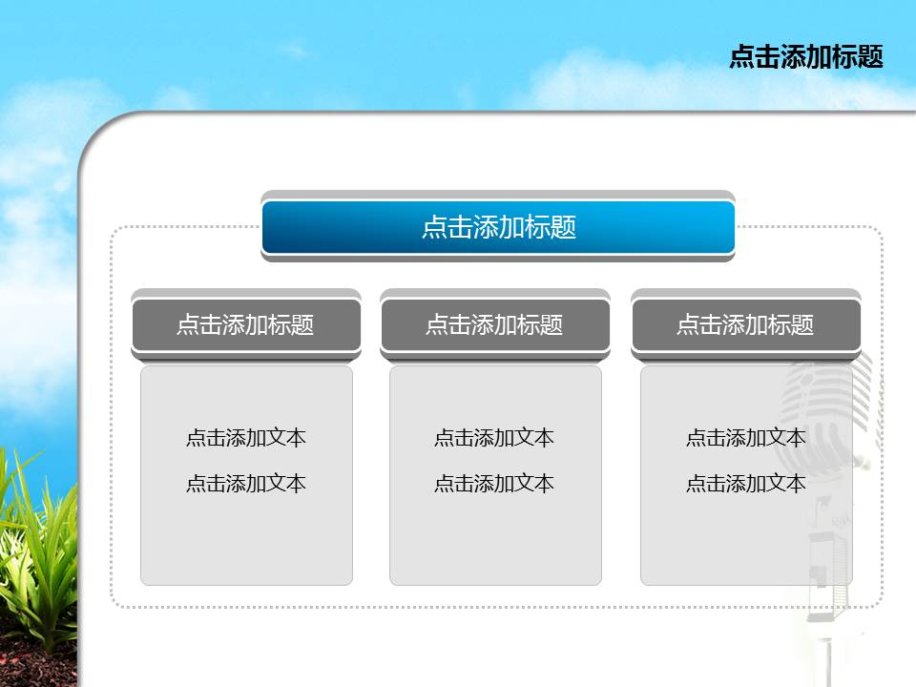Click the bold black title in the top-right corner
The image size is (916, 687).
pos(805,57)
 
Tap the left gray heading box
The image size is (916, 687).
pos(246,324)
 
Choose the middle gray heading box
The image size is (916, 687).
pos(494,324)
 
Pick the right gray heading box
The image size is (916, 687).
pos(745,324)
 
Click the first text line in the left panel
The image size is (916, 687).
pos(246,438)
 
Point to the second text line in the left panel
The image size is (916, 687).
pos(246,484)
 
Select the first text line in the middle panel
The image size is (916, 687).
pos(494,438)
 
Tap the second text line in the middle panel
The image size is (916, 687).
pos(494,484)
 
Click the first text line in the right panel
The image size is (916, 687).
pos(745,438)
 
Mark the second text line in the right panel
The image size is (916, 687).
pos(745,484)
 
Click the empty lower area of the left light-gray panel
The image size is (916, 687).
pos(246,544)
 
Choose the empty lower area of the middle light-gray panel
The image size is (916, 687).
pos(494,544)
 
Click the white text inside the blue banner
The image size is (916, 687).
pos(498,228)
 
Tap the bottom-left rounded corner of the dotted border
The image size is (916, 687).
pos(117,601)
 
